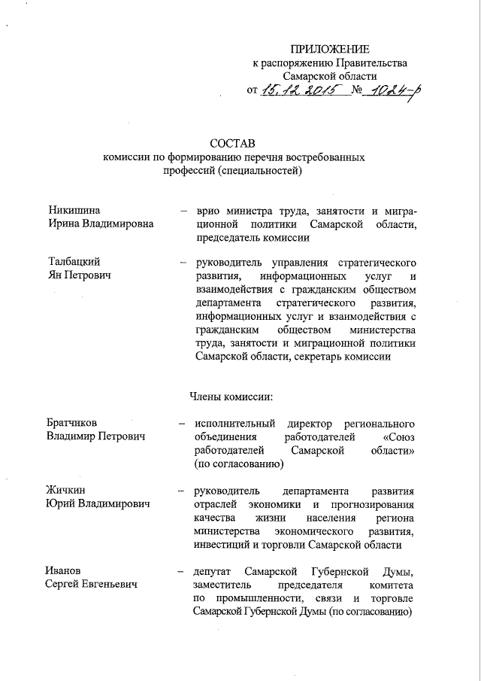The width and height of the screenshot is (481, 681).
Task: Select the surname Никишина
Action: point(74,210)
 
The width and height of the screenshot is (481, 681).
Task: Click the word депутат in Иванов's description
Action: point(216,571)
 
